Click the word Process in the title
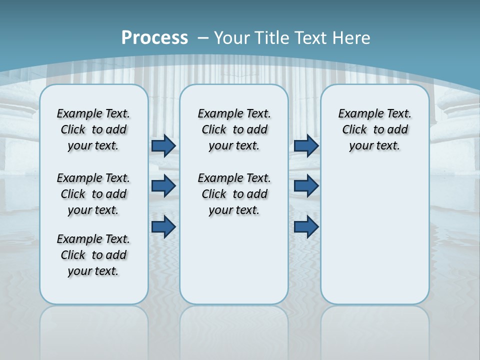(154, 38)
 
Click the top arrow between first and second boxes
(163, 145)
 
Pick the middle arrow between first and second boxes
(163, 186)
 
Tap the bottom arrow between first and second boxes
(163, 226)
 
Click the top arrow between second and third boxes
(306, 145)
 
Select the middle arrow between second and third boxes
(306, 186)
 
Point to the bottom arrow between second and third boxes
(306, 226)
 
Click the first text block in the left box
(93, 129)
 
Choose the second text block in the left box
(93, 194)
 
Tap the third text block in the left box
(93, 255)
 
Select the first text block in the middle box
(234, 129)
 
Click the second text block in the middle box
(234, 194)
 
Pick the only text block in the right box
(375, 129)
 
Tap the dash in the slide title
(203, 38)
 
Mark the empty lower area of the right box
(375, 235)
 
